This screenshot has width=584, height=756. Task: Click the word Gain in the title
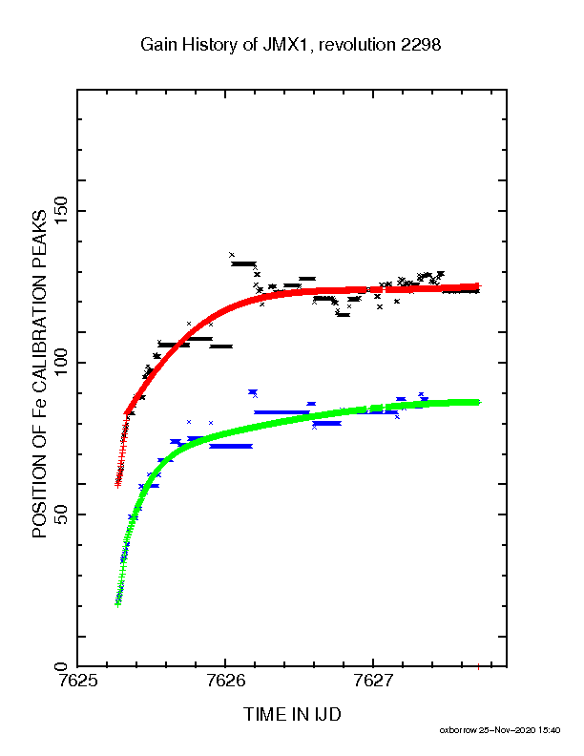[x=159, y=45]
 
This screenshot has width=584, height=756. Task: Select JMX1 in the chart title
[x=284, y=45]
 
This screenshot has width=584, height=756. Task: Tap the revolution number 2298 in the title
[x=421, y=45]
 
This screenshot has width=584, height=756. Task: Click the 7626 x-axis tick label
[x=225, y=681]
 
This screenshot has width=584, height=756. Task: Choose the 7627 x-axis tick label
[x=373, y=681]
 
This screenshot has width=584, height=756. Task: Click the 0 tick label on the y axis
[x=62, y=667]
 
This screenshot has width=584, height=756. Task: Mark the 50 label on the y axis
[x=62, y=514]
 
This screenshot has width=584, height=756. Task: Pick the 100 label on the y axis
[x=62, y=363]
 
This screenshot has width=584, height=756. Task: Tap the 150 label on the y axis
[x=62, y=211]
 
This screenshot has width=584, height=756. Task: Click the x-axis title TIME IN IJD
[x=292, y=714]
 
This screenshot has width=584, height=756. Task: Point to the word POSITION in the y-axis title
[x=39, y=496]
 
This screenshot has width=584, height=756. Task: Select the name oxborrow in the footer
[x=458, y=730]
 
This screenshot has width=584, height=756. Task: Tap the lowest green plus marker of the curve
[x=117, y=603]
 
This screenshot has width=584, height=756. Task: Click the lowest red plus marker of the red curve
[x=117, y=485]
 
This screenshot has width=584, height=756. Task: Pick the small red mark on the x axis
[x=478, y=667]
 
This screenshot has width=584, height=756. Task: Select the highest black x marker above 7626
[x=232, y=255]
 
